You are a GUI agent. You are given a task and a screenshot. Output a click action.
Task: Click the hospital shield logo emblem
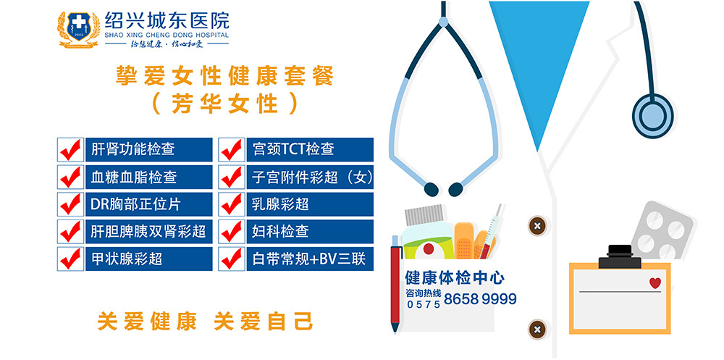click(78, 28)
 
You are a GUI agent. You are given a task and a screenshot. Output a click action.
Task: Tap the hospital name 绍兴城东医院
click(167, 20)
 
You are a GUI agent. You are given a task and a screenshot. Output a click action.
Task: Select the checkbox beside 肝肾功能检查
click(71, 149)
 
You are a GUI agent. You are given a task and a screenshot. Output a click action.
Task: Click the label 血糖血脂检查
click(133, 177)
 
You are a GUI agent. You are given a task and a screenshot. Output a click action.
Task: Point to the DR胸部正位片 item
click(135, 204)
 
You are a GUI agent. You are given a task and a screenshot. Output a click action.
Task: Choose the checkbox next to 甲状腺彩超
click(71, 259)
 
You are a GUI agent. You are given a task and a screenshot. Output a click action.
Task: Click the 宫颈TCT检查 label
click(293, 149)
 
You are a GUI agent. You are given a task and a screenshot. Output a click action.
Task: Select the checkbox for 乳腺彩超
click(232, 204)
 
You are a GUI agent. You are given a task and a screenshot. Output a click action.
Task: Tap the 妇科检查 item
click(280, 231)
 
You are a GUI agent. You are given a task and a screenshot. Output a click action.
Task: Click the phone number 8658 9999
click(480, 299)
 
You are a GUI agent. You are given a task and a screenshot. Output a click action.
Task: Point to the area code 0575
click(424, 304)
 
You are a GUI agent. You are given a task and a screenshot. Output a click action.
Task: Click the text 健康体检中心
click(455, 278)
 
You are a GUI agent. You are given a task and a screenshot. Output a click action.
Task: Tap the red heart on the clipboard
click(654, 282)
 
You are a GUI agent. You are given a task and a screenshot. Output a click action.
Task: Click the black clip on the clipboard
click(620, 257)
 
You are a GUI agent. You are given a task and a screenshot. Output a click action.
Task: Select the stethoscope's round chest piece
click(652, 115)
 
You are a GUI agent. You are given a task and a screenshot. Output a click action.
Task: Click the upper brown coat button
click(536, 227)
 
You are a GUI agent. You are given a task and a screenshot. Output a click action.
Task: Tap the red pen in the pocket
click(395, 284)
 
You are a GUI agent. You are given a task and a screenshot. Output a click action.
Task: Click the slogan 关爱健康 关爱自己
click(206, 322)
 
